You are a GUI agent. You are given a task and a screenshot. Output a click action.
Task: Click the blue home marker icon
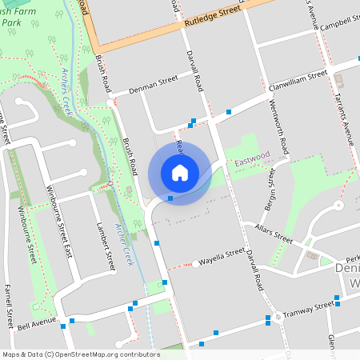[x=179, y=172]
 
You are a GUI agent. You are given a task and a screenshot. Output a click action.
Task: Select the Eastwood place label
[x=252, y=162]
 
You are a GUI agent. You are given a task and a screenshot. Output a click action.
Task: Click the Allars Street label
[x=274, y=233]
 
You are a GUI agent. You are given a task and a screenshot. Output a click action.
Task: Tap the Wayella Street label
[x=222, y=257]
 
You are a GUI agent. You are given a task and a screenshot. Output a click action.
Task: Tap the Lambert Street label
[x=100, y=243]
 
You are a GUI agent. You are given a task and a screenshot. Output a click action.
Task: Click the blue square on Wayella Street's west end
[x=157, y=242]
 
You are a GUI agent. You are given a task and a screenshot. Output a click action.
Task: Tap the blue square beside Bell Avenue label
[x=72, y=321]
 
